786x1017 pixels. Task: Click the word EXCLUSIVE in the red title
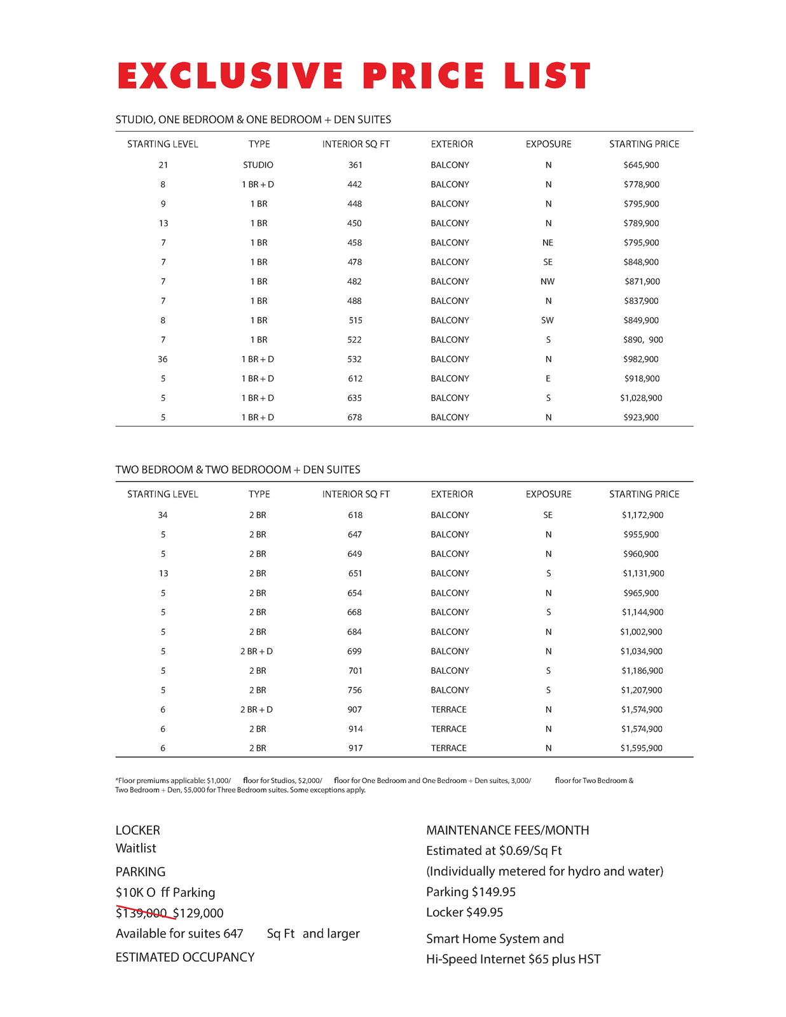pos(230,76)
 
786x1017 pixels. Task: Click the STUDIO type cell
pos(258,165)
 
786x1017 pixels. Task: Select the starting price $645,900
pos(641,165)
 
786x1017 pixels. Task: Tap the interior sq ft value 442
pos(355,184)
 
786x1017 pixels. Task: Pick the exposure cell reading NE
pos(548,243)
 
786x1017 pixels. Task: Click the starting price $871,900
pos(642,282)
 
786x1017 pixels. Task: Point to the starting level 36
pos(163,359)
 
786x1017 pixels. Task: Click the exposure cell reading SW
pos(548,320)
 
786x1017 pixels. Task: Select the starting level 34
pos(163,515)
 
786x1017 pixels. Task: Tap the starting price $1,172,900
pos(642,515)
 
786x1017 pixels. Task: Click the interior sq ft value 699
pos(355,652)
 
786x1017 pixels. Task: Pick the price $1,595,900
pos(641,748)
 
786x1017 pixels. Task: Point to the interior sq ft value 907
pos(355,709)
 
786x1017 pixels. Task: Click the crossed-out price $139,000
pos(141,913)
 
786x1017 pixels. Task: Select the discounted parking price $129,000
pos(198,913)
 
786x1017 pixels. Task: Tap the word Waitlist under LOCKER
pos(135,849)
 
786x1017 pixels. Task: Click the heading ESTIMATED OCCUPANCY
pos(185,957)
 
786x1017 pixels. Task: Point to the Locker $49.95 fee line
pos(464,913)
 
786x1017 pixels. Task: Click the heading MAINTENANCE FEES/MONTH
pos(507,831)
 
